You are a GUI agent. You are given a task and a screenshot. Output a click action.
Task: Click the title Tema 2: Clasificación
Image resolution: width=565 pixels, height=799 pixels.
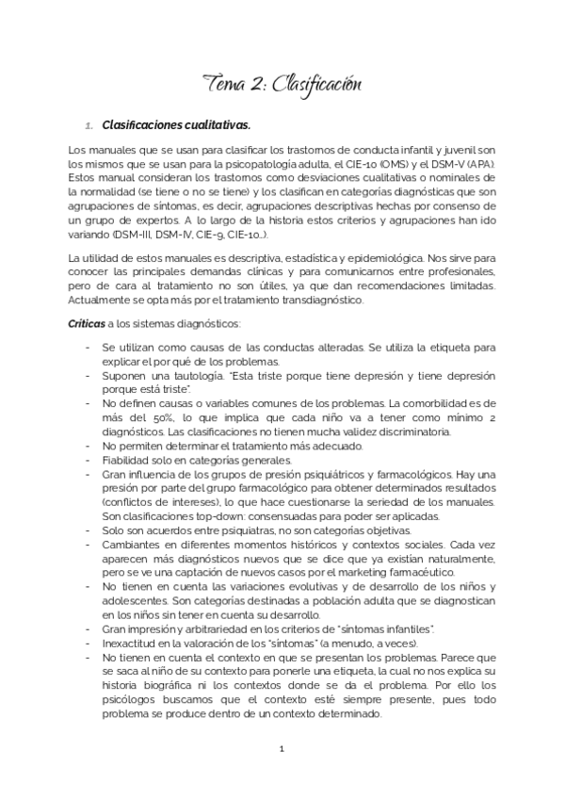click(x=282, y=86)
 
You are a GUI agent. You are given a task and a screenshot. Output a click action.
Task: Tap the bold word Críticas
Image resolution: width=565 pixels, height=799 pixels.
click(x=87, y=324)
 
